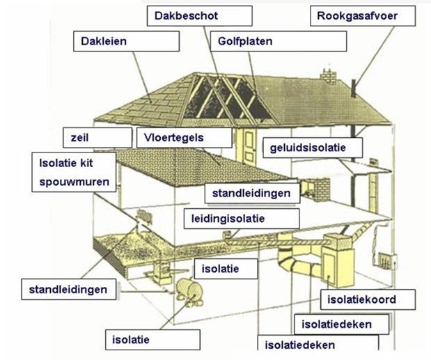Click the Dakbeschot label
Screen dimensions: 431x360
point(200,16)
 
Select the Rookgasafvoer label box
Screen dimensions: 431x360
point(363,16)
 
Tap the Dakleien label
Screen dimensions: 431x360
point(127,41)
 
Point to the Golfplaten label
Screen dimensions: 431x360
point(279,41)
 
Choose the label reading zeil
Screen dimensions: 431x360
point(97,137)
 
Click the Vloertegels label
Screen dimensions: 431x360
point(184,137)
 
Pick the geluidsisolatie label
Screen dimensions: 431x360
point(313,148)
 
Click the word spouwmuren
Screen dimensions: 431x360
point(75,182)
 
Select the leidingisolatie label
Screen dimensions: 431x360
point(242,219)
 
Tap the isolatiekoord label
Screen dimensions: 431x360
point(368,299)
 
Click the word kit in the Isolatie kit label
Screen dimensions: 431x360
point(86,163)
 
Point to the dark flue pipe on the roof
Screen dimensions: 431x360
point(354,88)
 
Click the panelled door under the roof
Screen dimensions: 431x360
point(249,146)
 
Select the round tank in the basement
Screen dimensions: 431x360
point(189,292)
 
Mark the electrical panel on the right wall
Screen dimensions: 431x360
point(387,260)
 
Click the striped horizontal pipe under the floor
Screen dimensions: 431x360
point(278,242)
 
